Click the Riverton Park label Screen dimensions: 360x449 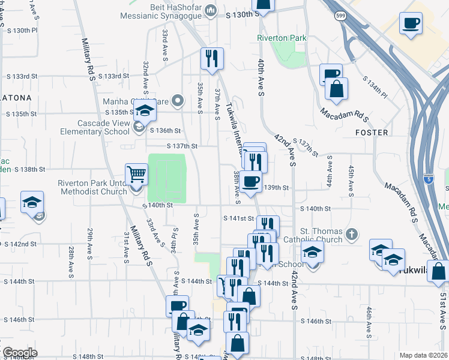[282, 38]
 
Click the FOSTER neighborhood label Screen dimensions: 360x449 [372, 133]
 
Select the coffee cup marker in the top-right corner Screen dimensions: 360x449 [411, 23]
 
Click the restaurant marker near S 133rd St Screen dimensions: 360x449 [211, 58]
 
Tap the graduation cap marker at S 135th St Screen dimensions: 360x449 [145, 111]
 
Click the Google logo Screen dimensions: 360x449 [19, 352]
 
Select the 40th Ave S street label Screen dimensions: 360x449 [262, 78]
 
